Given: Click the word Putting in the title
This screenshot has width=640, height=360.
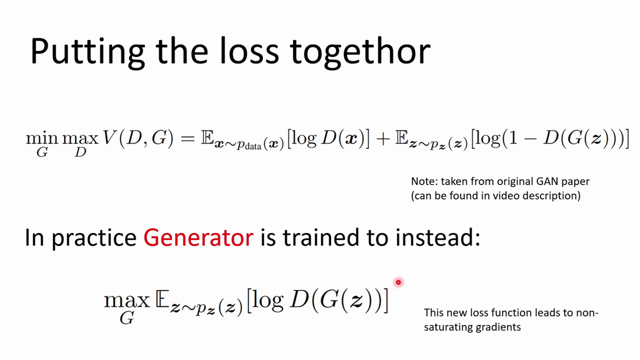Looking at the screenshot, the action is click(x=88, y=51).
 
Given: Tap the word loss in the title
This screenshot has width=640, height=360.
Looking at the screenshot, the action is click(x=249, y=51).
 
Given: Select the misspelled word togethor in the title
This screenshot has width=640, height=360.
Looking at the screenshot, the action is click(x=359, y=52).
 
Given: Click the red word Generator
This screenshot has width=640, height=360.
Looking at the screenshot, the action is click(x=199, y=237).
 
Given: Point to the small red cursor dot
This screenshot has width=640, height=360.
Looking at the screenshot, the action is click(x=398, y=282).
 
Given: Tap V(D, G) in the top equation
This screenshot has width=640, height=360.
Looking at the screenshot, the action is click(x=138, y=139).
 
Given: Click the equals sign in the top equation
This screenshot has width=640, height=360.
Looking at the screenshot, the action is click(x=188, y=139).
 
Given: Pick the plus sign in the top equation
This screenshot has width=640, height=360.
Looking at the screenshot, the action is click(x=383, y=139).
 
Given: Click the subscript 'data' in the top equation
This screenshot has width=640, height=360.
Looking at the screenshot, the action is click(x=253, y=146).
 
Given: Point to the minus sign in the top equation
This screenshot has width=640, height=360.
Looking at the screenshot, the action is click(x=530, y=139).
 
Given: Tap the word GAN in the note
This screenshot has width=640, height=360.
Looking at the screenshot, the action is click(x=546, y=181).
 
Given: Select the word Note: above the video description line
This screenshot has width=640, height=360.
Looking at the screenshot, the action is click(x=424, y=181).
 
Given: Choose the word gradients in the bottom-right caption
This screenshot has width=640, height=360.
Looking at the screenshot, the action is click(x=501, y=327).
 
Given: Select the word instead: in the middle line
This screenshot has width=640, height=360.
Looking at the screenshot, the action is click(x=438, y=237).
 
